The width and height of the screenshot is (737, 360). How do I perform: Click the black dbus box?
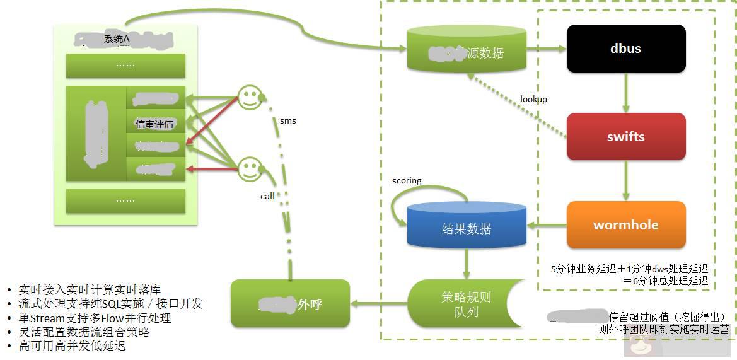(x=625, y=49)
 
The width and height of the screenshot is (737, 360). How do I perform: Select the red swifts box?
(x=625, y=137)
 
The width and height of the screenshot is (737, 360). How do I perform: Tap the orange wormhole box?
(x=625, y=225)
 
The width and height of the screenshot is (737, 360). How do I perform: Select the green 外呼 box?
(x=290, y=304)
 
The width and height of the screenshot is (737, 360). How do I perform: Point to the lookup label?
(x=533, y=99)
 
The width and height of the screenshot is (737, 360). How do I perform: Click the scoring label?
(x=407, y=181)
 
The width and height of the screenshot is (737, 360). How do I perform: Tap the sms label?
(x=287, y=120)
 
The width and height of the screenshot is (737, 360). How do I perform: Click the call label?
(x=267, y=196)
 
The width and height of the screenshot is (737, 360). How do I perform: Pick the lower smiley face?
(x=250, y=168)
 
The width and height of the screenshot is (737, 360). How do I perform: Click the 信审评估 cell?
(x=154, y=124)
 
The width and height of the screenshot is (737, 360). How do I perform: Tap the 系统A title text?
(x=117, y=39)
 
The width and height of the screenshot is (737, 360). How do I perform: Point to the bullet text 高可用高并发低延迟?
(x=72, y=346)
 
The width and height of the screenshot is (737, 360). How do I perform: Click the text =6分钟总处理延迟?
(x=664, y=281)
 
